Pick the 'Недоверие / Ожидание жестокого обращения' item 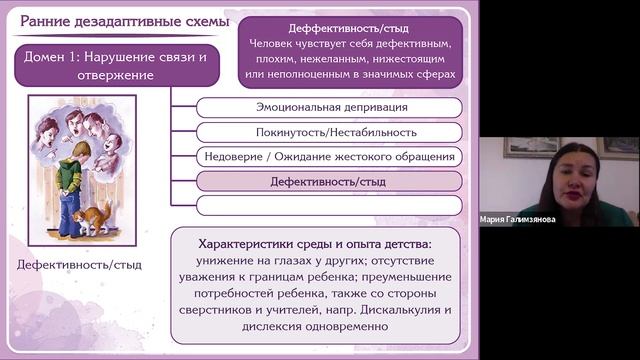click(x=328, y=156)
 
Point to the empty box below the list click(x=328, y=205)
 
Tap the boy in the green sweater click(x=71, y=185)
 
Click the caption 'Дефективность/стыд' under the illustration click(x=79, y=265)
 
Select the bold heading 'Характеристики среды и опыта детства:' click(x=315, y=244)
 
